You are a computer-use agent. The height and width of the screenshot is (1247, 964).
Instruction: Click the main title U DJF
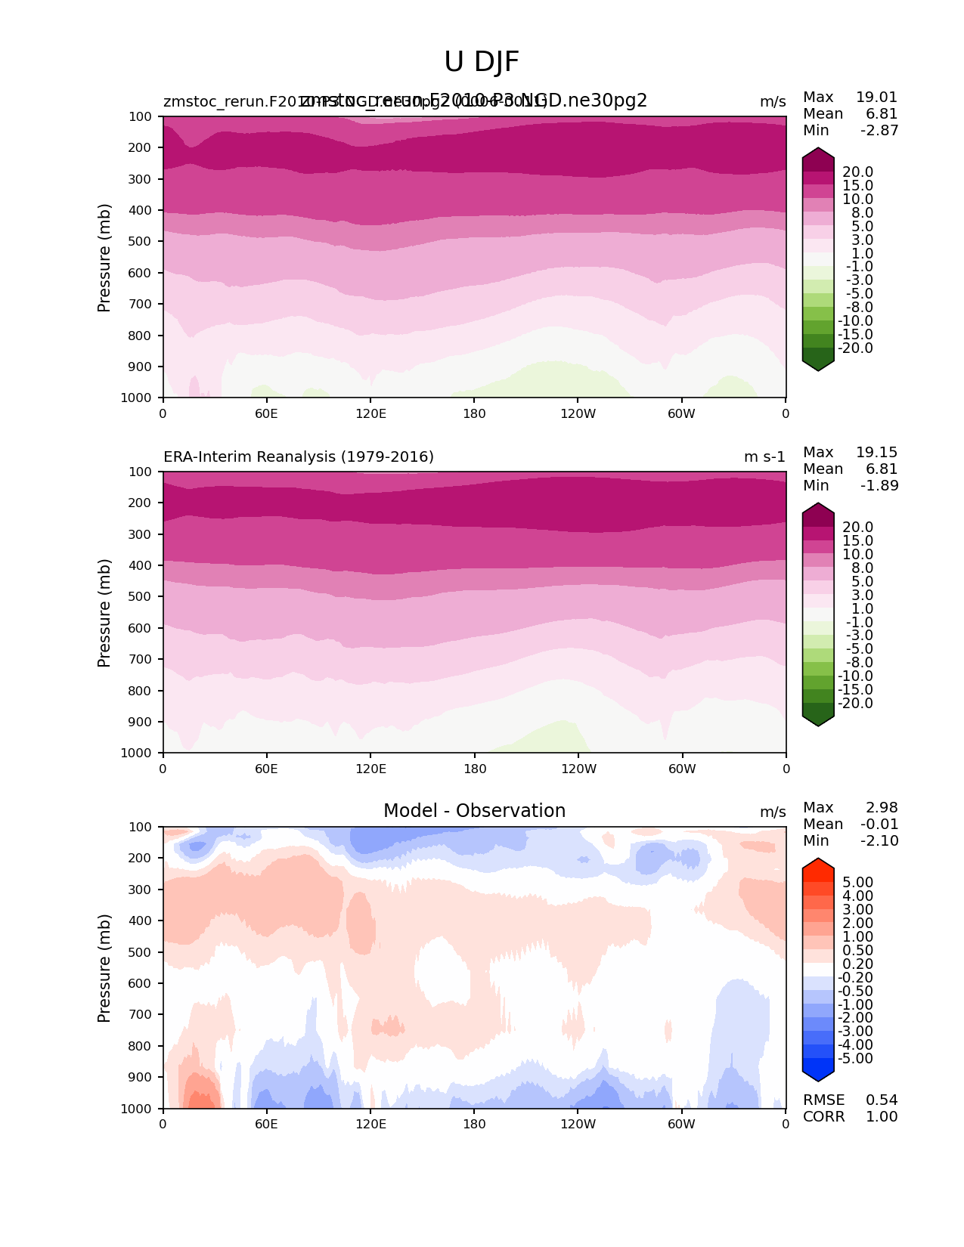[x=482, y=62]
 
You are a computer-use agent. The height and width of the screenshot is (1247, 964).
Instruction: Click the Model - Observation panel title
[x=474, y=811]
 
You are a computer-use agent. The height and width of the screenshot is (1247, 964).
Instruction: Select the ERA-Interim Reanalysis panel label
[x=299, y=457]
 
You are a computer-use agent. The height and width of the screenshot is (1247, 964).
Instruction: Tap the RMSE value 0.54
[x=882, y=1100]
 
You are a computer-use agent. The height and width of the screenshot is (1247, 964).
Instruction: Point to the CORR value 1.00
[x=882, y=1117]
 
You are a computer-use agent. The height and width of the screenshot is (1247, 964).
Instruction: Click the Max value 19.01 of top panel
[x=876, y=97]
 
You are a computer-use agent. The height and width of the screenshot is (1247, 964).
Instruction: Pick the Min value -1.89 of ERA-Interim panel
[x=879, y=486]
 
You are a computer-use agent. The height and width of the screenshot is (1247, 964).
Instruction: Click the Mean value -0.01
[x=879, y=825]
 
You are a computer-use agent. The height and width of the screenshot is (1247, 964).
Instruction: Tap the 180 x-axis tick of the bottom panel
[x=474, y=1125]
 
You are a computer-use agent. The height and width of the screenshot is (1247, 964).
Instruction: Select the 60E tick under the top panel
[x=266, y=414]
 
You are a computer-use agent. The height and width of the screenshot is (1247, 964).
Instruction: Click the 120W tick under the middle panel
[x=578, y=769]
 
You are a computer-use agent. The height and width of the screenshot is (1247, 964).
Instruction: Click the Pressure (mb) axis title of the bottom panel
[x=104, y=968]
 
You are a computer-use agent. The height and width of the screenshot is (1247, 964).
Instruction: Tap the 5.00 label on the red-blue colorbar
[x=857, y=883]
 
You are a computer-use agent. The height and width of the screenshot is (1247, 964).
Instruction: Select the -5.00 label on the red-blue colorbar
[x=856, y=1059]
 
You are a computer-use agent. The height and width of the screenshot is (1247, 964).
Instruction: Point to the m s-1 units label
[x=764, y=457]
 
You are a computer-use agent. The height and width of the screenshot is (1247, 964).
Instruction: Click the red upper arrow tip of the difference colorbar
[x=818, y=862]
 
